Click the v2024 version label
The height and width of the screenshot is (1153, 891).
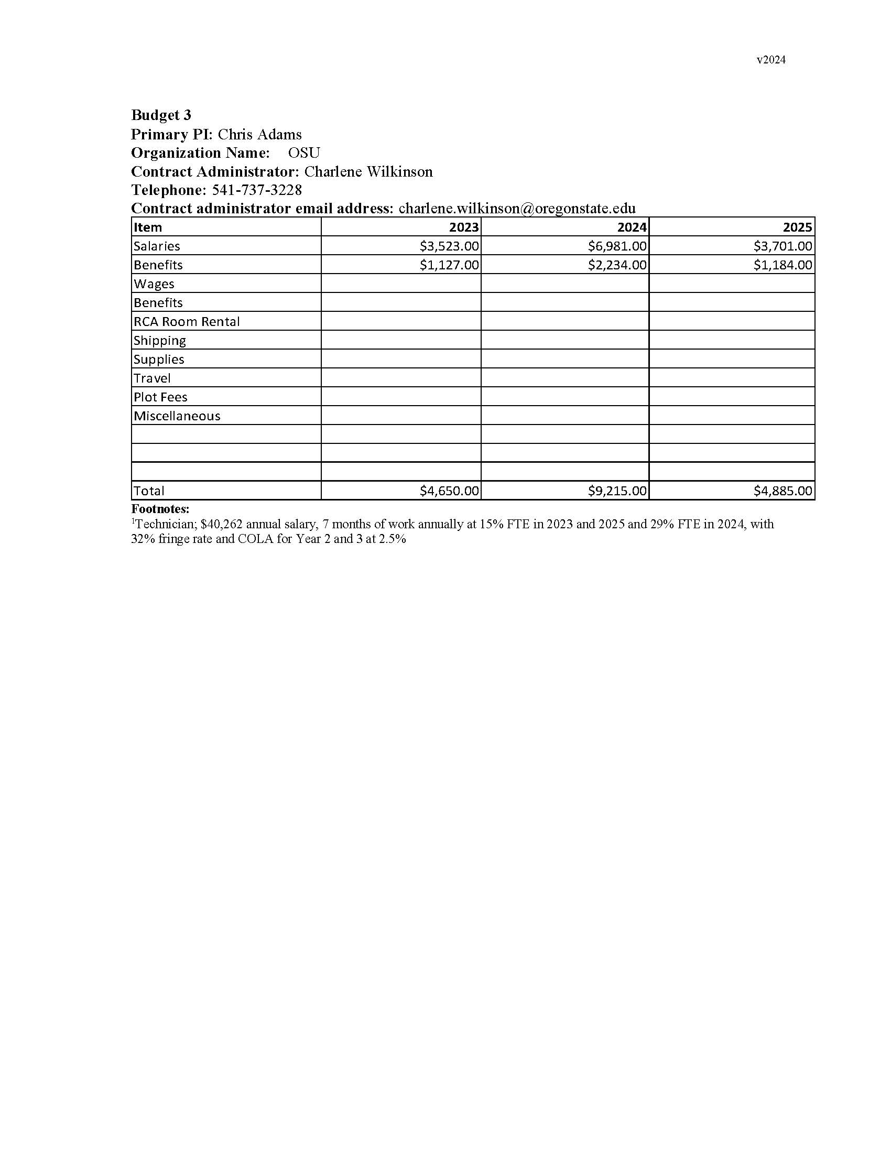(x=770, y=60)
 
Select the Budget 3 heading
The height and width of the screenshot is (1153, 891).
(x=161, y=115)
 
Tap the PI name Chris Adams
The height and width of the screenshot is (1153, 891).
(x=259, y=134)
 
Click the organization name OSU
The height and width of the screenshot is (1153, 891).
(x=304, y=153)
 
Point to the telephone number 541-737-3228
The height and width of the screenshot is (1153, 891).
(x=257, y=190)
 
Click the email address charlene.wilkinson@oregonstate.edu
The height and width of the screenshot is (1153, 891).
(x=517, y=208)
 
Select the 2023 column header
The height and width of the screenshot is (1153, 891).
(x=463, y=227)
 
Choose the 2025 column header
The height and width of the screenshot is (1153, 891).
(x=797, y=227)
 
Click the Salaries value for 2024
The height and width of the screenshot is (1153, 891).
(x=617, y=246)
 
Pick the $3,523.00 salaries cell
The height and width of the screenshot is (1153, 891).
(x=449, y=246)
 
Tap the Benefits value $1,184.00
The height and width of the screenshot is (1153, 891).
(x=783, y=265)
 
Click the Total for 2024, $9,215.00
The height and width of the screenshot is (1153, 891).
(x=617, y=491)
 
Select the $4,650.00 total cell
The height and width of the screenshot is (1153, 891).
(x=449, y=491)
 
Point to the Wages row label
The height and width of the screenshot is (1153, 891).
(x=154, y=284)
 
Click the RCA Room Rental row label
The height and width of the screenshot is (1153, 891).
(x=187, y=321)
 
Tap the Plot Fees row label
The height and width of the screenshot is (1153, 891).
(x=160, y=397)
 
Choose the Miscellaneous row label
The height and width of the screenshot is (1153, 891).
(x=177, y=416)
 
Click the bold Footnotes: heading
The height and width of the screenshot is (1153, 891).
(x=160, y=509)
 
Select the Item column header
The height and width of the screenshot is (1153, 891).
(x=148, y=227)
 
